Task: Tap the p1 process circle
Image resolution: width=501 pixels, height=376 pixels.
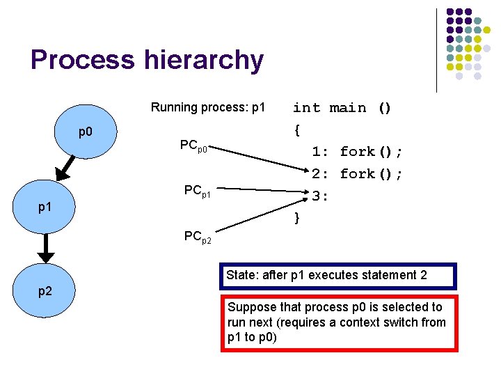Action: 45,207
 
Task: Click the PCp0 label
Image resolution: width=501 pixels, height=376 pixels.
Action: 195,146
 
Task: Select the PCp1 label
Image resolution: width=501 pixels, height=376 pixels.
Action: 198,190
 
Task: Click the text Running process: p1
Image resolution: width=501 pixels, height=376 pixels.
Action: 208,107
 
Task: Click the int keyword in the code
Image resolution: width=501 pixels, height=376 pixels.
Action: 306,108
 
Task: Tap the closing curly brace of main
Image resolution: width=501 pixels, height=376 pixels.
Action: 297,218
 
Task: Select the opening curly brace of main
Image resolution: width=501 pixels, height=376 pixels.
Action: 297,130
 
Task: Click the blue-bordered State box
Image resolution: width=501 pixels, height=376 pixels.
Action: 337,276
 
